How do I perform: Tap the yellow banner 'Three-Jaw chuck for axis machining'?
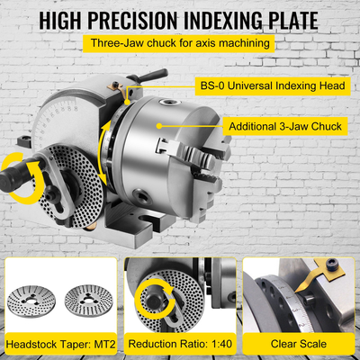pyautogui.click(x=180, y=43)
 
